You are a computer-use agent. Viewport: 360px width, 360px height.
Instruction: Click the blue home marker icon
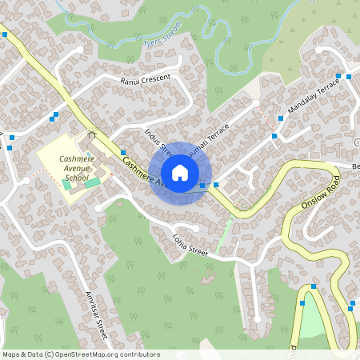[x=180, y=173]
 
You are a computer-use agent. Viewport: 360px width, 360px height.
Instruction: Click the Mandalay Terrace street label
[x=314, y=95]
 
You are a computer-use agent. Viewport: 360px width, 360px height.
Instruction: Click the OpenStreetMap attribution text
[x=81, y=354]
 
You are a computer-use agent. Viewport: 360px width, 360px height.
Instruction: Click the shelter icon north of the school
[x=91, y=135]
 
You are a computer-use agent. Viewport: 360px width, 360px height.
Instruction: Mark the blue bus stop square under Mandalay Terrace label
[x=281, y=118]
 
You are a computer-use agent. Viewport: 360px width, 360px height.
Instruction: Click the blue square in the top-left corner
[x=5, y=34]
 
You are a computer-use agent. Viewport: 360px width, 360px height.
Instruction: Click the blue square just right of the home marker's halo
[x=216, y=184]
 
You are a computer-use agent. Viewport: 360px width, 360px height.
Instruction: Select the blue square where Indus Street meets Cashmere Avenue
[x=123, y=152]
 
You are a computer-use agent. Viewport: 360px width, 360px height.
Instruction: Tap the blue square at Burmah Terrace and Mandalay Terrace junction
[x=274, y=137]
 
